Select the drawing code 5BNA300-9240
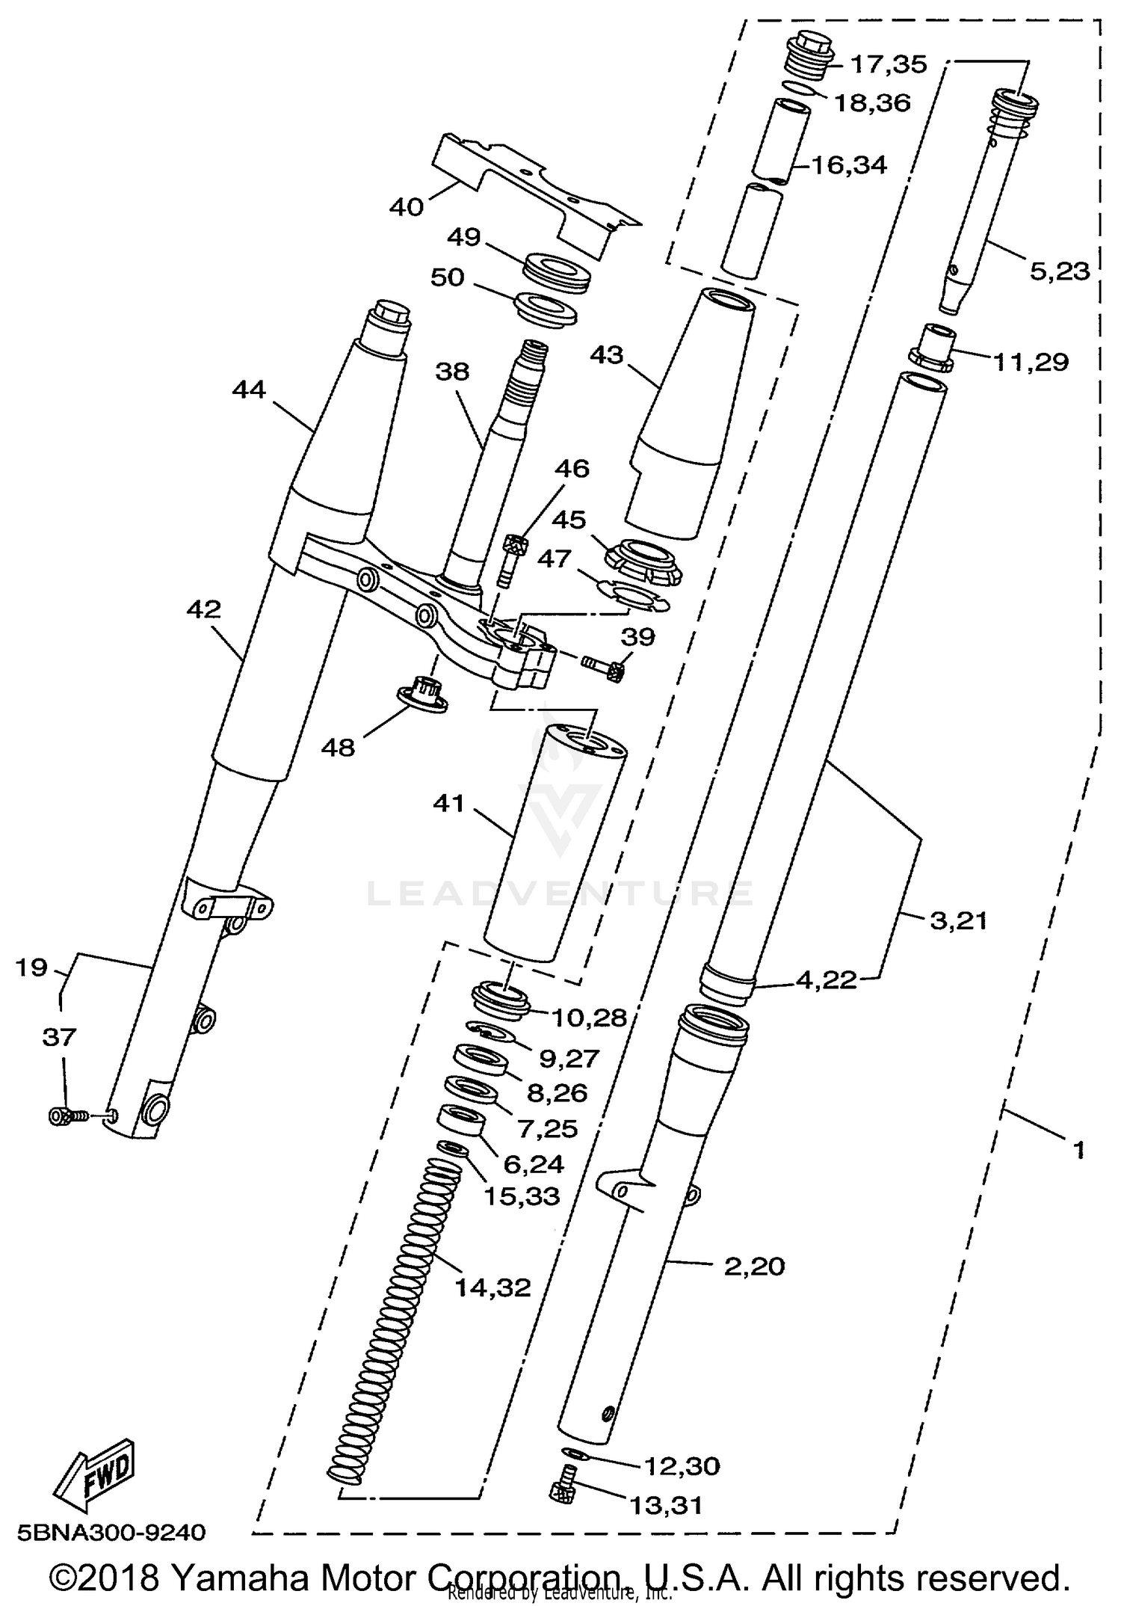click(x=111, y=1532)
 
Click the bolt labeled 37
click(x=64, y=1116)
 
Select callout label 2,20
click(x=754, y=1266)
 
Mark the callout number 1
click(x=1078, y=1150)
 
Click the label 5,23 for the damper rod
click(x=1059, y=271)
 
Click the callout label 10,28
click(x=589, y=1017)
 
